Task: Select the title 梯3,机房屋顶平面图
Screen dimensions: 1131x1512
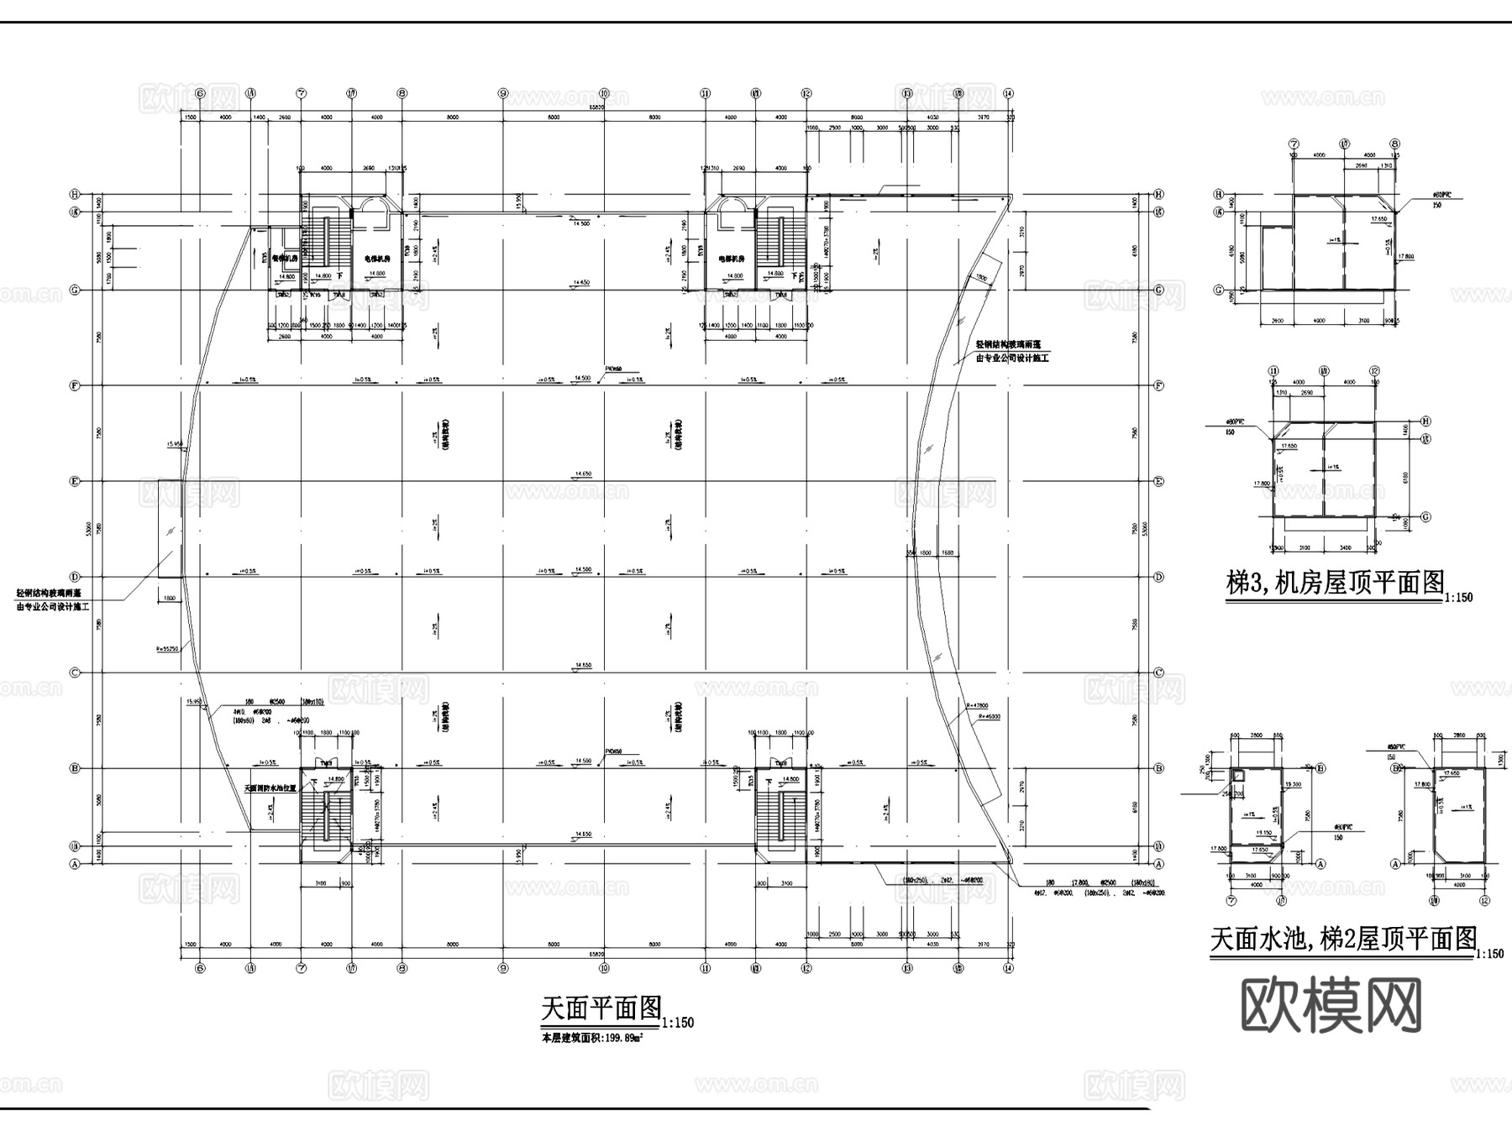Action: click(x=1335, y=583)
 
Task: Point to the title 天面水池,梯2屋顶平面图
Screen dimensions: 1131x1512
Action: click(x=1342, y=939)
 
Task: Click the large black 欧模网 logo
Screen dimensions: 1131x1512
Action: click(x=1331, y=1004)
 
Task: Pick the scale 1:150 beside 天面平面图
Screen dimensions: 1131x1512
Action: click(x=677, y=1024)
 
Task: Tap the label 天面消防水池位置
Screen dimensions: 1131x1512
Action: click(x=270, y=788)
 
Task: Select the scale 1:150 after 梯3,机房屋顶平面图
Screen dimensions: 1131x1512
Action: click(x=1458, y=598)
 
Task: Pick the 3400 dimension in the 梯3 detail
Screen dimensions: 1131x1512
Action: click(x=1347, y=547)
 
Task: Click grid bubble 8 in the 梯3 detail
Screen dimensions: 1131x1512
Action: click(x=1394, y=144)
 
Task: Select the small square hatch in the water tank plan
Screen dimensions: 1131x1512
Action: click(x=1237, y=776)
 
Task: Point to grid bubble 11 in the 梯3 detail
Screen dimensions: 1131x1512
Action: click(x=1273, y=370)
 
